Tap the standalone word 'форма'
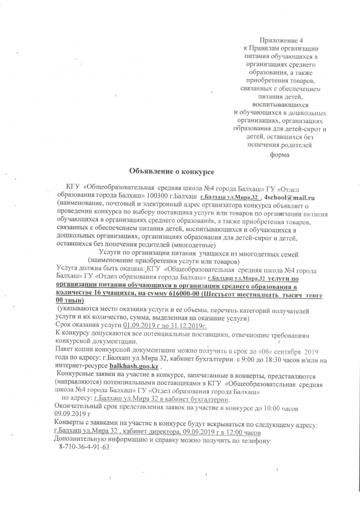(x=279, y=155)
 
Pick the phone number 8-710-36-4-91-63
(x=81, y=447)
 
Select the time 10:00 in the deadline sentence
(x=278, y=407)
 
